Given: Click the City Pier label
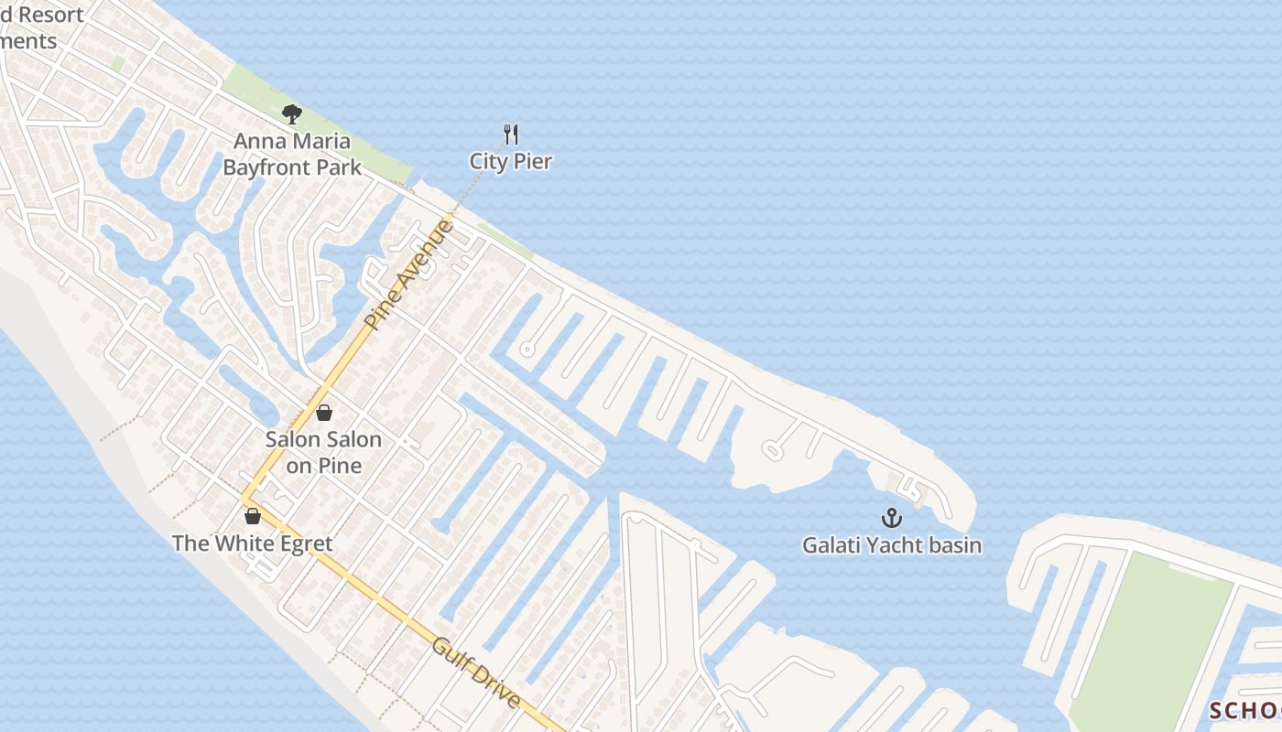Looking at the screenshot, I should tap(510, 162).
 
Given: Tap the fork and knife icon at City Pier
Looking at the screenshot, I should tap(511, 135).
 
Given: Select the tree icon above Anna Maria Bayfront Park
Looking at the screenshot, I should tap(292, 114).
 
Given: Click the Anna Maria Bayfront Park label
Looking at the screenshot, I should tap(292, 155).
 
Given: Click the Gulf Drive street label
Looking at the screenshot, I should tap(476, 673).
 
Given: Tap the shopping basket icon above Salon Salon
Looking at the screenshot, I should tap(323, 413).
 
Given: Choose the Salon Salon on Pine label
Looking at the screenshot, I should tap(323, 452).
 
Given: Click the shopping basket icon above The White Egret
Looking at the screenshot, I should tap(253, 516).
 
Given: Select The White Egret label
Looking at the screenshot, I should tap(252, 544).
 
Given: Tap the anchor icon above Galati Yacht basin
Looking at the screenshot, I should tap(892, 518).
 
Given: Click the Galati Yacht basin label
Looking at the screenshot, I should tap(892, 545).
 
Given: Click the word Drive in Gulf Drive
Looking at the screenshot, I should tap(494, 687).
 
